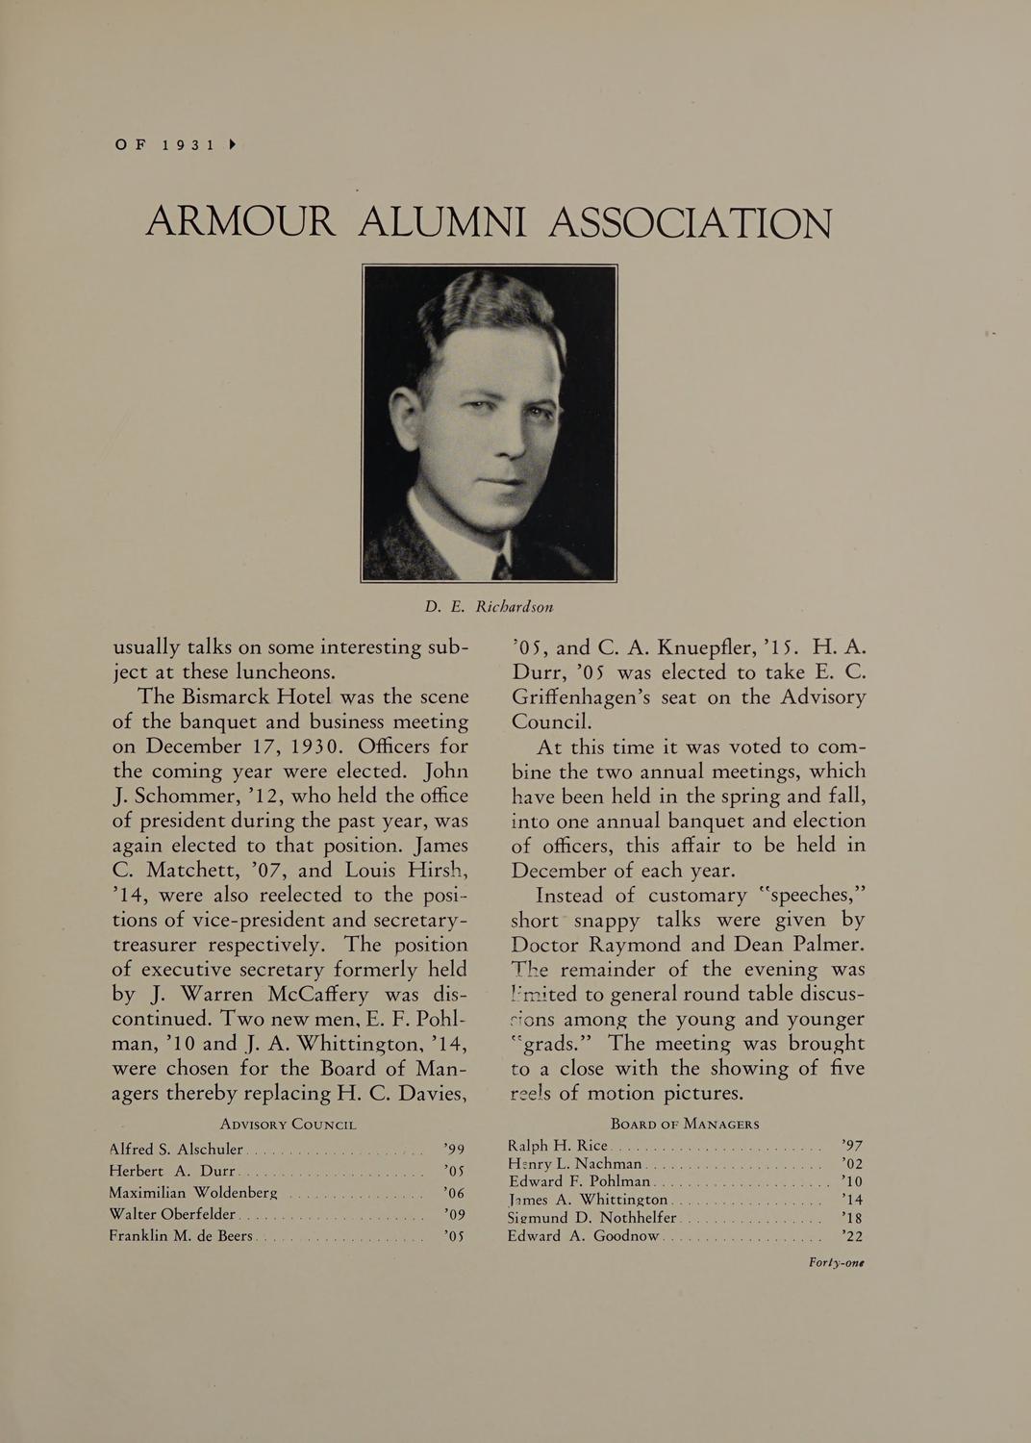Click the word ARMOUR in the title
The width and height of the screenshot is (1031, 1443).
click(240, 224)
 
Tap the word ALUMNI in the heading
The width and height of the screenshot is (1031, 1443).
click(441, 224)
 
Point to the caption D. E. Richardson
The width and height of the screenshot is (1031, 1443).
click(490, 607)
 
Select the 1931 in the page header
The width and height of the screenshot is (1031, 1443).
click(189, 145)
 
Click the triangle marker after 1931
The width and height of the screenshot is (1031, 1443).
click(233, 145)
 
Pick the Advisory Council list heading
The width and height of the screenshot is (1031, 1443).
click(289, 1124)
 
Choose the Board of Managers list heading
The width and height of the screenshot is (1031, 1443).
click(686, 1124)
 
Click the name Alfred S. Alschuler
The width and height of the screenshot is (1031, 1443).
click(177, 1149)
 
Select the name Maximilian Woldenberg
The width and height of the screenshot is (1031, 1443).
click(193, 1193)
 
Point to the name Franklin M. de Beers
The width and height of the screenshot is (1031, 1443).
click(181, 1236)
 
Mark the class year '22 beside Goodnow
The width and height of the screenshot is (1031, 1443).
click(851, 1236)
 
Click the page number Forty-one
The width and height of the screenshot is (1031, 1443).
click(836, 1263)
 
